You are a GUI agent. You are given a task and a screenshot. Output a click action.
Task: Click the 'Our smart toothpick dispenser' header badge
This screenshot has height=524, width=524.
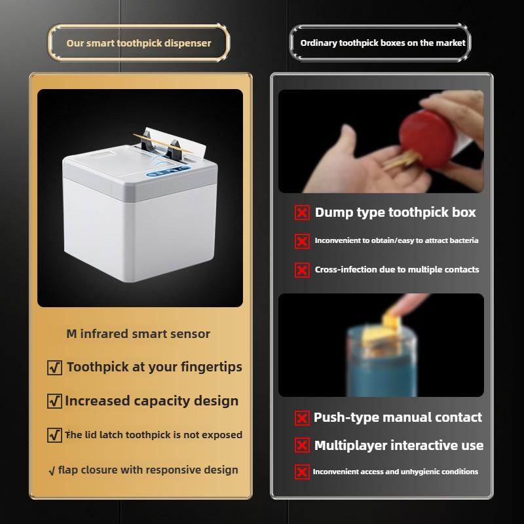(139, 43)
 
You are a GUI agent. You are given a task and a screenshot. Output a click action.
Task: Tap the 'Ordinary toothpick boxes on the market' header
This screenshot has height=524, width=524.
(383, 43)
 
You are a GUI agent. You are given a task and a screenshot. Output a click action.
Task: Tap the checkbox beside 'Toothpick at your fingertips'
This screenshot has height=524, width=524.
(55, 368)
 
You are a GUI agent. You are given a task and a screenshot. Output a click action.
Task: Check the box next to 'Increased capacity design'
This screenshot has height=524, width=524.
(55, 401)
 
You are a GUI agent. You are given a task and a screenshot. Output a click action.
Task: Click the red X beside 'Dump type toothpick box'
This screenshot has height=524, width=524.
(302, 213)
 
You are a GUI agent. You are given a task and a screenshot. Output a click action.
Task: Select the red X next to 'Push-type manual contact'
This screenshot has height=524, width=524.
(302, 418)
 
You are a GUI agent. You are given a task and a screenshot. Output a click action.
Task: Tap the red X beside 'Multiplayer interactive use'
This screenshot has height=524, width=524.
(302, 446)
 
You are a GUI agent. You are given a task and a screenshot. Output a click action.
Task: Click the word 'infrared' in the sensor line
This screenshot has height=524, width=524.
(105, 333)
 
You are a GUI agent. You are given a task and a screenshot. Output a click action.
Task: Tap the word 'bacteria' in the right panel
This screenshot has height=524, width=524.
(462, 240)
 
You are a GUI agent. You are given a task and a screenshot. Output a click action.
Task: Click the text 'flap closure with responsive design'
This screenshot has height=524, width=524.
(148, 470)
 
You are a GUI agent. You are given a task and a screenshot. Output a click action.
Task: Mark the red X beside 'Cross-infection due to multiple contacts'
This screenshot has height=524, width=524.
(302, 270)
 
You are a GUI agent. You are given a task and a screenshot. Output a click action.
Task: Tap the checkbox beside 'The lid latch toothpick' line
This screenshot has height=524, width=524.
(55, 435)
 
